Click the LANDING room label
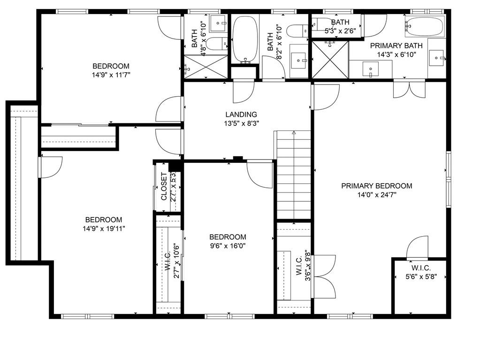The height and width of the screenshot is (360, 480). coord(241,114)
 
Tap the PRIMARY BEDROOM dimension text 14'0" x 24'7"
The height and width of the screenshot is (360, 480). coord(376,195)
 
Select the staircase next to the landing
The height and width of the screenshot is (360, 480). coord(293,176)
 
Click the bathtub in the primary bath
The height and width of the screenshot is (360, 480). coord(424,26)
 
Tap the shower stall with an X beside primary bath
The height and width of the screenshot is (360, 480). coord(331,60)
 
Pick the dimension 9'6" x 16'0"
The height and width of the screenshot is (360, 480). coord(228,245)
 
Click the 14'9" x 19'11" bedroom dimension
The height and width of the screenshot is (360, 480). coord(104,229)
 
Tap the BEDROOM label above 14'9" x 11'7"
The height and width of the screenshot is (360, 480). coord(111,66)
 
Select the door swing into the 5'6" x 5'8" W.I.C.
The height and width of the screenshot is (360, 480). coord(418,247)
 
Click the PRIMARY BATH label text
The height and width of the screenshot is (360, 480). coord(396,46)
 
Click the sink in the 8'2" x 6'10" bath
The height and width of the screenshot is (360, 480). coord(298,60)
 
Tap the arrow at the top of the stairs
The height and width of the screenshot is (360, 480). coord(294,133)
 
